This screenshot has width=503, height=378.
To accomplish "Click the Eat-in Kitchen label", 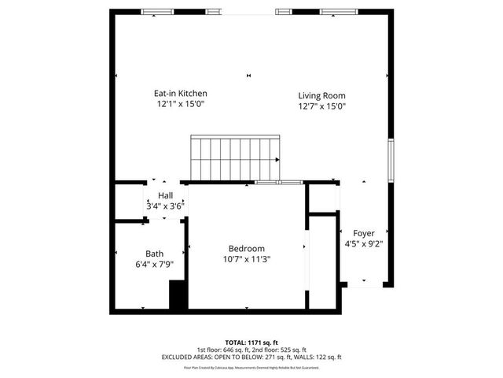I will pos(180,93).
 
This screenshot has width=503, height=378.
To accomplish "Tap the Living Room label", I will pos(321,95).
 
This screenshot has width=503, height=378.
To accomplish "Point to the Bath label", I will pos(154,254).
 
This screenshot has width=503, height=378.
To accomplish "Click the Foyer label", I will pos(363,233).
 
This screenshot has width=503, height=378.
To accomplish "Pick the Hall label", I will pos(165,195).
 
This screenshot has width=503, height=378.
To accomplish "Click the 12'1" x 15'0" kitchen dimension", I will pos(180,104).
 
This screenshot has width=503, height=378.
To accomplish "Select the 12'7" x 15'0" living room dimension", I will pos(321,106).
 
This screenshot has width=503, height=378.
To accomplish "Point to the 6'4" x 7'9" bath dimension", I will pos(154,265).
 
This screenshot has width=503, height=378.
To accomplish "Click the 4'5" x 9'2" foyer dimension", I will pos(363,244).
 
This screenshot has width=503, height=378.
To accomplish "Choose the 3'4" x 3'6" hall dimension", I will pos(165,206).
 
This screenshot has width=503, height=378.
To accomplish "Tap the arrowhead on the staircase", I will pos(278,159).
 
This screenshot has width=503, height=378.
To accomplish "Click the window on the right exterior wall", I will pos(391,161).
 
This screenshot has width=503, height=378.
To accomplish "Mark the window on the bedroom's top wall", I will pos(278,183).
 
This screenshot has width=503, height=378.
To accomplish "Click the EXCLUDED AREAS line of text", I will pos(251,357).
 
